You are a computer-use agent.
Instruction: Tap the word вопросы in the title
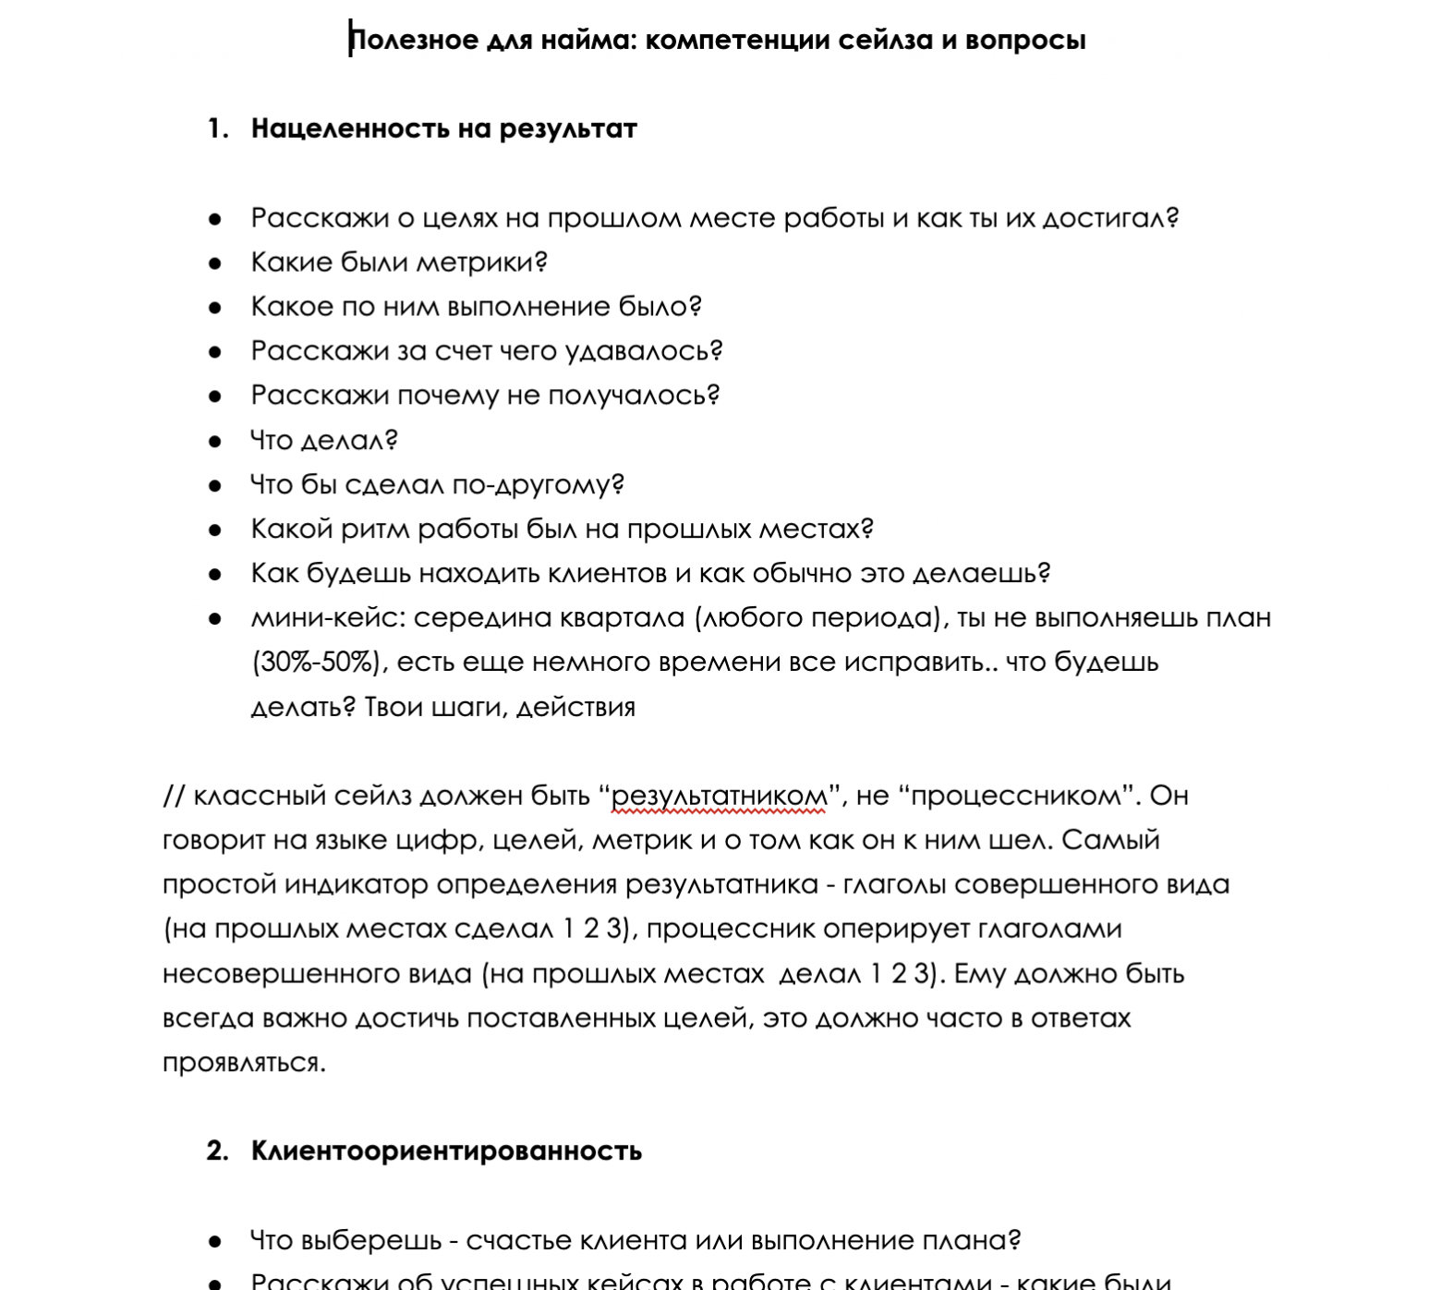(x=1025, y=40)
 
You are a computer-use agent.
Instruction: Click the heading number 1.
(x=218, y=128)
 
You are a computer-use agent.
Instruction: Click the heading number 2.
(x=218, y=1150)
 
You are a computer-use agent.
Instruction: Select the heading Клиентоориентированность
(x=446, y=1150)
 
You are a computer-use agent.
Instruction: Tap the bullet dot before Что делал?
(x=215, y=441)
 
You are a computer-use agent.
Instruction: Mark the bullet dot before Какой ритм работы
(x=215, y=529)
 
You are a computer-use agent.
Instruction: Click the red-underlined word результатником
(x=720, y=796)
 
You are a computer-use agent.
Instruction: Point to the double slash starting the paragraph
(x=174, y=796)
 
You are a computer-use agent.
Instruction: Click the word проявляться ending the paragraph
(x=244, y=1063)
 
